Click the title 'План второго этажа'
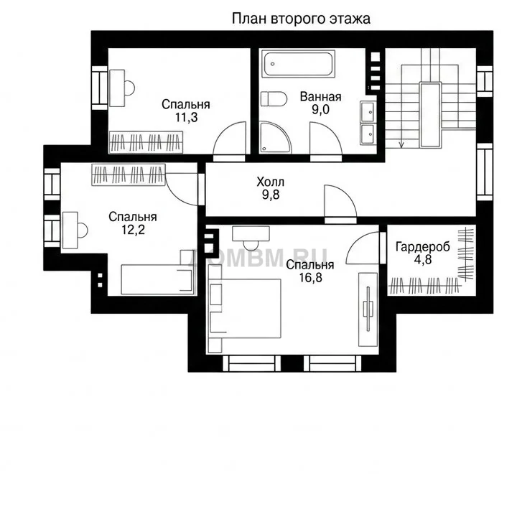(x=301, y=19)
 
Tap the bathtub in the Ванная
(x=299, y=64)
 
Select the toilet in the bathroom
(x=274, y=99)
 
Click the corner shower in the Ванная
(x=275, y=137)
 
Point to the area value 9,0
(x=320, y=109)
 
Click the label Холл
(x=271, y=182)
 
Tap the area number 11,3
(x=186, y=117)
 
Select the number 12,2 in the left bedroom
(x=134, y=230)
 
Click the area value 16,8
(x=310, y=278)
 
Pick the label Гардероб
(x=423, y=246)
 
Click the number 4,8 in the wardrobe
(x=423, y=259)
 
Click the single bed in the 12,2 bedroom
(x=157, y=279)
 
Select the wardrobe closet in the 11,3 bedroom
(x=146, y=142)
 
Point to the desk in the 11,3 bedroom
(x=117, y=88)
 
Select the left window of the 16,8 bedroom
(x=252, y=363)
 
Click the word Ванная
(x=320, y=97)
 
